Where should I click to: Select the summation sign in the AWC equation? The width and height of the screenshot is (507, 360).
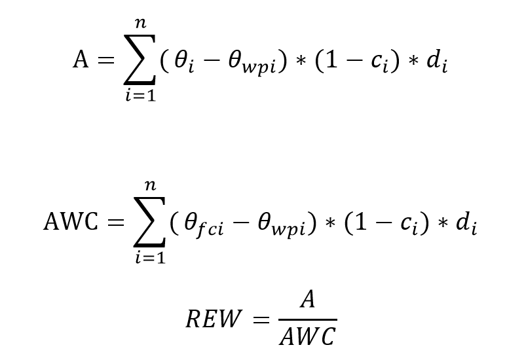point(150,223)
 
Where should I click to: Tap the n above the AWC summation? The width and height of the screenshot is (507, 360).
point(151,187)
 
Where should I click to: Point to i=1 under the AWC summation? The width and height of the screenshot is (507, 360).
point(150,259)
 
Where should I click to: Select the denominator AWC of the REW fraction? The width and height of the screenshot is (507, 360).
point(307,337)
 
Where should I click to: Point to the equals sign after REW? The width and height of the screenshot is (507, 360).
point(261,320)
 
